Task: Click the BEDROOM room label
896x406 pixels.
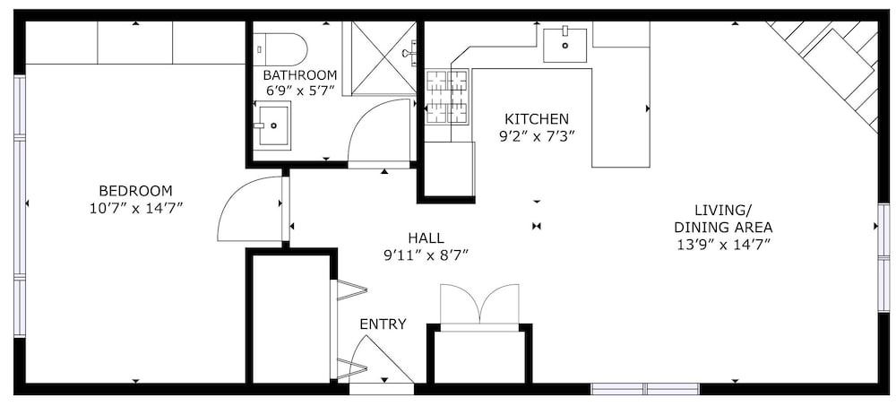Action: click(x=135, y=190)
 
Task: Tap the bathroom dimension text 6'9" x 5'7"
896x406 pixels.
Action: click(x=300, y=90)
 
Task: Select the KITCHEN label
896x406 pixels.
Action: click(x=537, y=119)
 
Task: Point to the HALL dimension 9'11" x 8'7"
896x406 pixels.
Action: click(x=426, y=255)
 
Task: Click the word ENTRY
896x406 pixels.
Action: click(x=383, y=324)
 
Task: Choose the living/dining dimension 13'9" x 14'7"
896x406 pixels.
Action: click(x=723, y=244)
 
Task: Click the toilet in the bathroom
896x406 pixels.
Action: click(x=280, y=49)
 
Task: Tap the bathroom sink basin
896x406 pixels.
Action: click(x=273, y=125)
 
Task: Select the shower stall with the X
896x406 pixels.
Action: click(x=383, y=57)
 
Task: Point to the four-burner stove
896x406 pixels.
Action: click(x=447, y=96)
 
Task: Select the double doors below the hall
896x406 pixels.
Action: click(x=480, y=305)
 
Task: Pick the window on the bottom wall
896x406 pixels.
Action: click(x=645, y=389)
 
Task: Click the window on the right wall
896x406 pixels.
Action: click(x=883, y=258)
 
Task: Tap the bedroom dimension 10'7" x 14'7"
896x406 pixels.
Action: click(x=136, y=209)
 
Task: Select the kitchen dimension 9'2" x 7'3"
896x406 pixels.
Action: click(x=537, y=136)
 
